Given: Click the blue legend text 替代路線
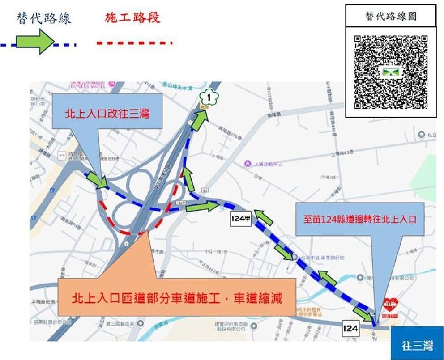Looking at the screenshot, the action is click(x=43, y=18).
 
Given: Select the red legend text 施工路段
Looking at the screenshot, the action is click(x=132, y=18).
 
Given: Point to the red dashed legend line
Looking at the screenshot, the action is click(x=134, y=43).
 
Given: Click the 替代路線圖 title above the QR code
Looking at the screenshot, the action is click(x=391, y=16).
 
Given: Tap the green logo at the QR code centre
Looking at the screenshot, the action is click(x=390, y=72).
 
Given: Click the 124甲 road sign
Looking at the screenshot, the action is click(x=240, y=219).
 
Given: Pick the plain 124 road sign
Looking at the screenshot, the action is click(x=350, y=328).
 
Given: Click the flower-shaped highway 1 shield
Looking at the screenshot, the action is click(x=207, y=97).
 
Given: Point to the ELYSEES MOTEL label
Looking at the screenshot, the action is click(x=88, y=86).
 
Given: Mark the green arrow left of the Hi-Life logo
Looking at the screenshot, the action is click(x=363, y=313).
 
